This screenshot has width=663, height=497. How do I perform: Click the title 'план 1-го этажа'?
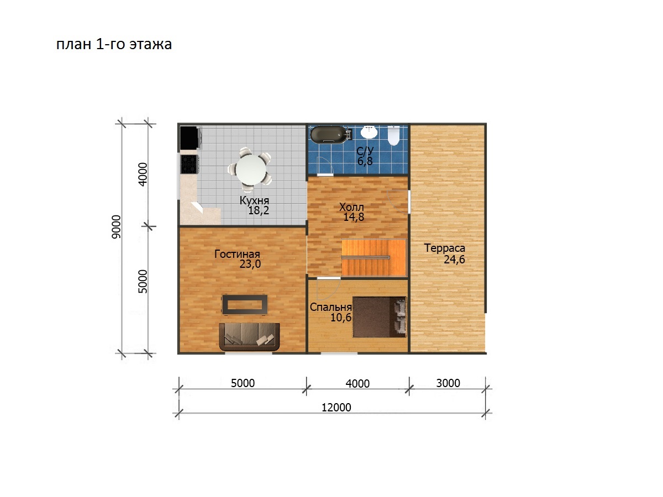click(114, 44)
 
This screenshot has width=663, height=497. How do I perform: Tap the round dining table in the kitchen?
click(251, 170)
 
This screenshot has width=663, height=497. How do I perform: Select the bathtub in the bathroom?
click(328, 135)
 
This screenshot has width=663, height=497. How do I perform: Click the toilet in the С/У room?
click(393, 135)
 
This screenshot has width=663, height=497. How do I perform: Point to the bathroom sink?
click(369, 132)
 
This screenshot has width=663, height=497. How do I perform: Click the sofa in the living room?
click(249, 336)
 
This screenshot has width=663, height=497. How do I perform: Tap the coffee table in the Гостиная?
click(245, 304)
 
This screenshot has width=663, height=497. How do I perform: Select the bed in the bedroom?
click(380, 317)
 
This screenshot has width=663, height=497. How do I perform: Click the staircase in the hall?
click(374, 257)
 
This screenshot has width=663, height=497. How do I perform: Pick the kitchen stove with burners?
click(190, 164)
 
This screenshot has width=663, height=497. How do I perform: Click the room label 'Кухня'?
click(254, 200)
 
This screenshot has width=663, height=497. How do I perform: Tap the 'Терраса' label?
click(445, 248)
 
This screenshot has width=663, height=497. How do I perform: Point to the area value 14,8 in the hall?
click(354, 217)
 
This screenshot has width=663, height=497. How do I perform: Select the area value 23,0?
click(250, 264)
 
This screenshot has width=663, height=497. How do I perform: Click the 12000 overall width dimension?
click(336, 408)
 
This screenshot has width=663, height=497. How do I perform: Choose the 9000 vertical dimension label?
click(116, 227)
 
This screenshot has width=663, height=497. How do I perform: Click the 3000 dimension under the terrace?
click(448, 383)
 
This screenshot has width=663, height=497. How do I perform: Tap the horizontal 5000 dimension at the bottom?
click(243, 383)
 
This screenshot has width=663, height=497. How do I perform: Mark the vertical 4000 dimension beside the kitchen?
click(142, 174)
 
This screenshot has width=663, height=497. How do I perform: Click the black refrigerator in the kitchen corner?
click(190, 138)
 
